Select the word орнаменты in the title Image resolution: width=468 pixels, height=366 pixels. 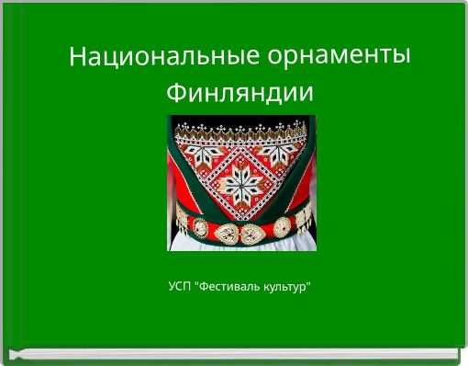coord(339,56)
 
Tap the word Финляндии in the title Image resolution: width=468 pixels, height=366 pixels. coord(240,93)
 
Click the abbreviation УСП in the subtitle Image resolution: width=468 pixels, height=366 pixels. coord(180,289)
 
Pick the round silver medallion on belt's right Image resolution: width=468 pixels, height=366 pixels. coord(283,225)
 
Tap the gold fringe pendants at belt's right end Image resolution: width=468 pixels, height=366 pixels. coord(304,221)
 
